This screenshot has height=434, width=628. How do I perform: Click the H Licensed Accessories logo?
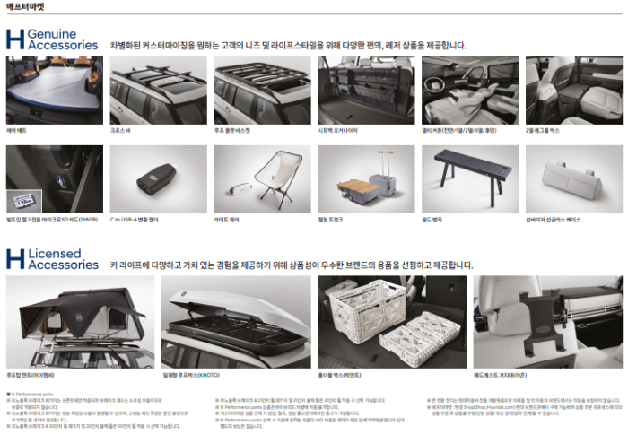click(x=52, y=259)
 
